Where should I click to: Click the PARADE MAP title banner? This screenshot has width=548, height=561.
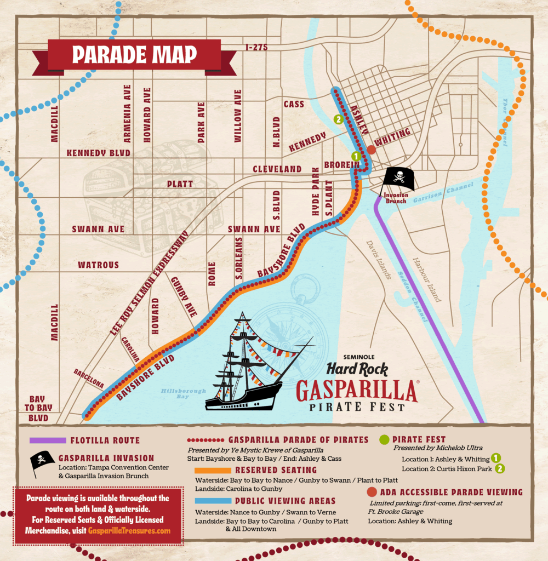pyautogui.click(x=134, y=55)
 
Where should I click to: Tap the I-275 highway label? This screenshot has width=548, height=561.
pyautogui.click(x=257, y=47)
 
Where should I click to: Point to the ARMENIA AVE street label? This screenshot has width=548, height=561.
pyautogui.click(x=127, y=112)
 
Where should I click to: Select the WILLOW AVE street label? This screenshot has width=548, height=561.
pyautogui.click(x=237, y=116)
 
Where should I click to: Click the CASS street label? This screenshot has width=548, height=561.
pyautogui.click(x=294, y=104)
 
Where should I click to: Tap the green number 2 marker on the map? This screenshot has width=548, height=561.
pyautogui.click(x=339, y=119)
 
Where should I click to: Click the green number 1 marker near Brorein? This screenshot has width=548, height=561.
pyautogui.click(x=356, y=156)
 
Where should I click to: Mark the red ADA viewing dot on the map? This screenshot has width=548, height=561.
pyautogui.click(x=371, y=149)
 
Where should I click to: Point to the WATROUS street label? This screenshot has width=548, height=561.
pyautogui.click(x=98, y=265)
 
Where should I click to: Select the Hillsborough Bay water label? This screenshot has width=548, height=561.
pyautogui.click(x=176, y=394)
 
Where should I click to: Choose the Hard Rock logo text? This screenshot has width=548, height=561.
pyautogui.click(x=358, y=371)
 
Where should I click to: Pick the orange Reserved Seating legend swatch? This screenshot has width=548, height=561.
pyautogui.click(x=212, y=470)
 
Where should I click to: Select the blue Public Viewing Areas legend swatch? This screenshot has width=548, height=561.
pyautogui.click(x=212, y=501)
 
